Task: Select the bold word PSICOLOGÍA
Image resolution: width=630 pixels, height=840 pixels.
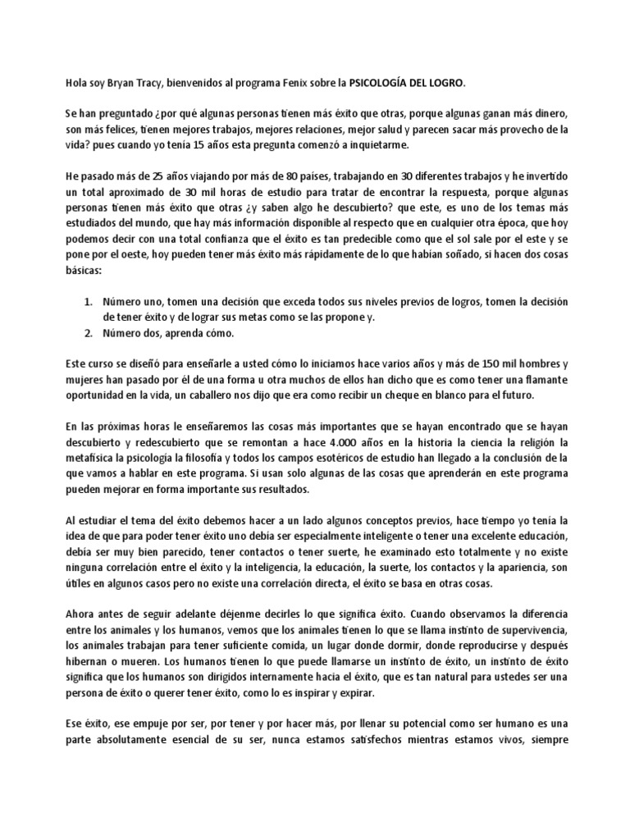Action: [382, 83]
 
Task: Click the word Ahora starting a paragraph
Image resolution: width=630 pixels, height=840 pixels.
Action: [82, 613]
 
